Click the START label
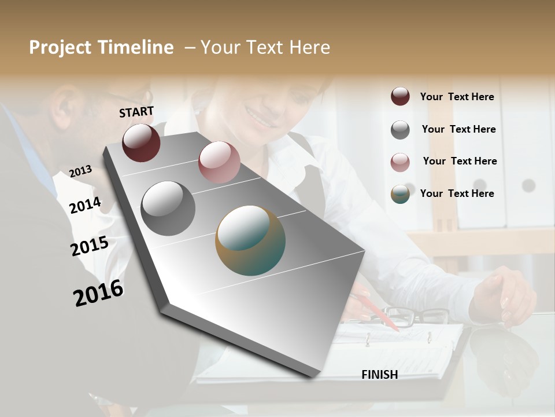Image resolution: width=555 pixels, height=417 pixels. (x=136, y=112)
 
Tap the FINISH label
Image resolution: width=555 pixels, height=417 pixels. (x=379, y=375)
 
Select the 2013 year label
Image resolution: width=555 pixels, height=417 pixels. (x=80, y=171)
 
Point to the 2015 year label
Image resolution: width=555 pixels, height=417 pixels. (x=90, y=246)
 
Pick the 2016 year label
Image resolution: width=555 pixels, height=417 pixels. (x=98, y=292)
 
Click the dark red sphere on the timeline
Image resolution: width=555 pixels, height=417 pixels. (x=141, y=142)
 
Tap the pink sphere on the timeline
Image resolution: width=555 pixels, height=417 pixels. (x=219, y=162)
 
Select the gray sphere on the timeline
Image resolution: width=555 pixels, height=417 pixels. (x=168, y=209)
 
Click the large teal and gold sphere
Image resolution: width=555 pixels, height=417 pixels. (x=250, y=240)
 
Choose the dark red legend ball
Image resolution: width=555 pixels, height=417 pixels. (x=400, y=97)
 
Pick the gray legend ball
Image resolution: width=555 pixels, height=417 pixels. (x=400, y=130)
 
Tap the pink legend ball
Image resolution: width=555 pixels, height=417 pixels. (x=400, y=162)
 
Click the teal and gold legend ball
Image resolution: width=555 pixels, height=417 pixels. (x=400, y=194)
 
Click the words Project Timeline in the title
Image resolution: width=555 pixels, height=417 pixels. (x=101, y=47)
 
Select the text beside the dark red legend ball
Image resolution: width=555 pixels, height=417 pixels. (x=457, y=97)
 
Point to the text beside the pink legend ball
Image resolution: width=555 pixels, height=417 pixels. (x=460, y=162)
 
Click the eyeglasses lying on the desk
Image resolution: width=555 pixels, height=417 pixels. (x=416, y=316)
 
